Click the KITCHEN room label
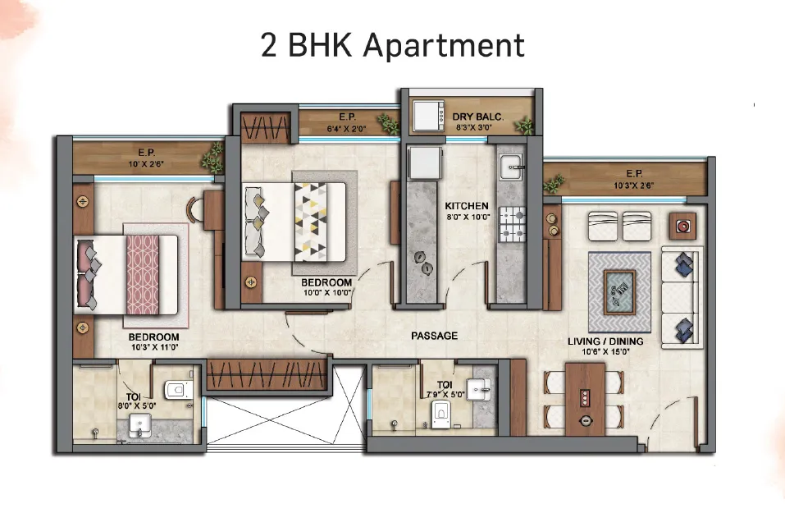467,206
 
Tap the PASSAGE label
435,336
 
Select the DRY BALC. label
477,117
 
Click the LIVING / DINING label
605,341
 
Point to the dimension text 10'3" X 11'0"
155,347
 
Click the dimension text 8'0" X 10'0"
468,217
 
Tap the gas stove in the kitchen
513,224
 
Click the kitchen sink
511,167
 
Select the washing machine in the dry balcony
428,117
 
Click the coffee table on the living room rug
619,292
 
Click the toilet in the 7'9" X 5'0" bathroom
440,415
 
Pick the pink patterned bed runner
143,275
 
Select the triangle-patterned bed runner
310,222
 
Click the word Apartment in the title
444,46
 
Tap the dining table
585,399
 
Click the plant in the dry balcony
525,125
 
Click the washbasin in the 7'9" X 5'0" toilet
478,389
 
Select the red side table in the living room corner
682,226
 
